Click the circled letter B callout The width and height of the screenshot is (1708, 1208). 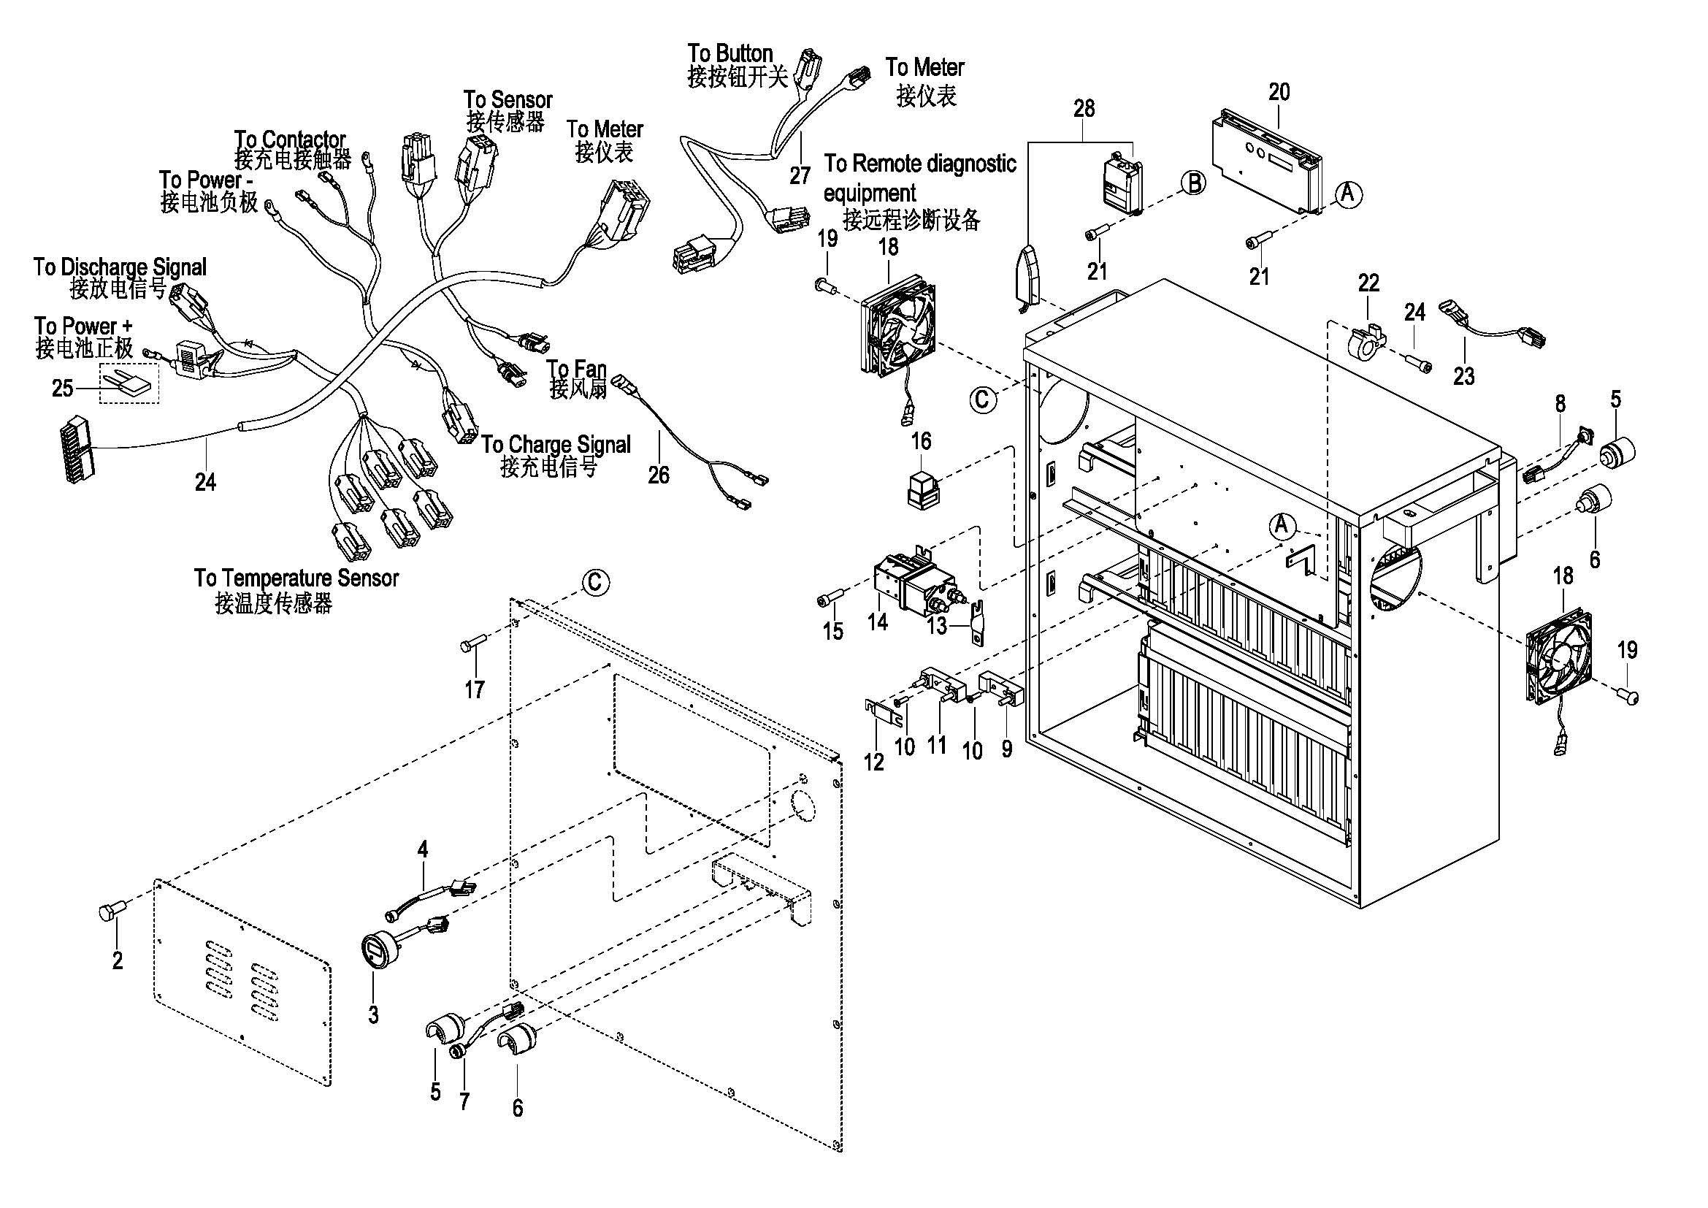click(1194, 183)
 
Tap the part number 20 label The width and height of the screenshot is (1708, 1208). click(1279, 92)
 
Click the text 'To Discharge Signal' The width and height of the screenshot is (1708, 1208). click(120, 267)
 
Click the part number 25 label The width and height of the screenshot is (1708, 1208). click(63, 388)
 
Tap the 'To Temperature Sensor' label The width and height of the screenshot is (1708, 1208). click(296, 578)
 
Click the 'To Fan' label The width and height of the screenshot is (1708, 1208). click(577, 369)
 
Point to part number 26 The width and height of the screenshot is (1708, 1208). click(659, 475)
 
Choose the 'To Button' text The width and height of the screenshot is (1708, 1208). click(729, 53)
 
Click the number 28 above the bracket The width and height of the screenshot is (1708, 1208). click(1084, 109)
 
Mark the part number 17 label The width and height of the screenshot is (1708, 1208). click(475, 689)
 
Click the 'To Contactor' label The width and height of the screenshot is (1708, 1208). click(290, 139)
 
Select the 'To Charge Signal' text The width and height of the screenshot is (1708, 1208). click(556, 445)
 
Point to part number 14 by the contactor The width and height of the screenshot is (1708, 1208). click(878, 622)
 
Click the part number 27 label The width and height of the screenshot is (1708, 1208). click(800, 176)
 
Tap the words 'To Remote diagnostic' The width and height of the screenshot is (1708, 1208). click(919, 164)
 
